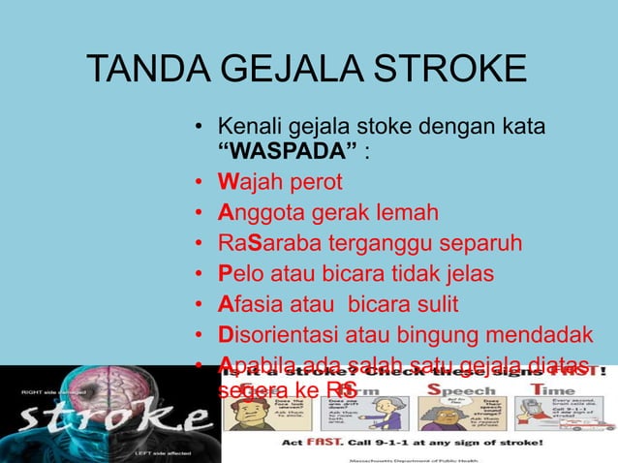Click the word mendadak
(x=542, y=334)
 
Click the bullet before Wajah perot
(x=199, y=183)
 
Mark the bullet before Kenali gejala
(x=199, y=127)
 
